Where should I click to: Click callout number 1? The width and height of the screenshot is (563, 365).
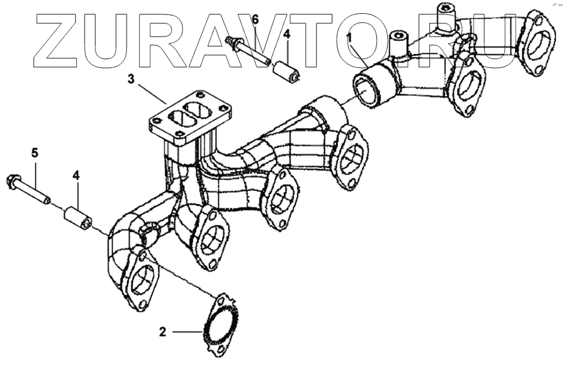(x=349, y=38)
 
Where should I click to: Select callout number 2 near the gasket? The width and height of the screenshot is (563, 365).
(x=162, y=330)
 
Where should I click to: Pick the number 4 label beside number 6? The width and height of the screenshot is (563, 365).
(x=287, y=35)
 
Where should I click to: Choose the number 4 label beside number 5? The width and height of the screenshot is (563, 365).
(x=76, y=175)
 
